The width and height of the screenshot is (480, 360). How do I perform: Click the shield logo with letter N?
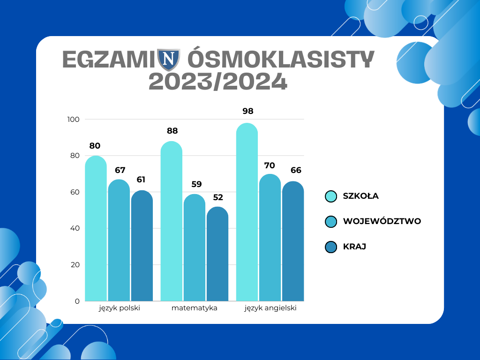pyautogui.click(x=168, y=59)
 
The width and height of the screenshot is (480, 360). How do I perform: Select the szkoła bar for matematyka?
pyautogui.click(x=172, y=221)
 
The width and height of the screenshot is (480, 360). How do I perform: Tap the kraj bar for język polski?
pyautogui.click(x=142, y=246)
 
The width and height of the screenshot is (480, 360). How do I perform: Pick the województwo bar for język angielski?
pyautogui.click(x=270, y=237)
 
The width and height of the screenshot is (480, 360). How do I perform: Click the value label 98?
pyautogui.click(x=248, y=111)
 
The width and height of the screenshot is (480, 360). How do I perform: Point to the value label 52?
pyautogui.click(x=218, y=197)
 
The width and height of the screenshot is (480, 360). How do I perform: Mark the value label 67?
pyautogui.click(x=120, y=170)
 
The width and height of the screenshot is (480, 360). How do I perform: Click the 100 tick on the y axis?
pyautogui.click(x=74, y=120)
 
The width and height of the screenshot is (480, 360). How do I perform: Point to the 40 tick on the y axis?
pyautogui.click(x=75, y=228)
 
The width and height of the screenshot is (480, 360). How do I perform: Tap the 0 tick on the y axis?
pyautogui.click(x=77, y=301)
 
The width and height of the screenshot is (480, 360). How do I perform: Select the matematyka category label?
pyautogui.click(x=195, y=308)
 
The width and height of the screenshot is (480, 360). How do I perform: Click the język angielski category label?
pyautogui.click(x=270, y=308)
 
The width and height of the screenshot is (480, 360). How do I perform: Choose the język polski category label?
pyautogui.click(x=120, y=308)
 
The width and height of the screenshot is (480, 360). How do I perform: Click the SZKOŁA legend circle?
pyautogui.click(x=331, y=196)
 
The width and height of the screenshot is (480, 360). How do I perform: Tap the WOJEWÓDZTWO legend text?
pyautogui.click(x=382, y=221)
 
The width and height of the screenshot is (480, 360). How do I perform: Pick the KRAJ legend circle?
pyautogui.click(x=331, y=247)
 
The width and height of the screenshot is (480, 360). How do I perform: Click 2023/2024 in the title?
pyautogui.click(x=218, y=82)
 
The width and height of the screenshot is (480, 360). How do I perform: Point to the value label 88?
pyautogui.click(x=172, y=131)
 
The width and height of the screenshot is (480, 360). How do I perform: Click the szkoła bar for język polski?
pyautogui.click(x=96, y=228)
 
